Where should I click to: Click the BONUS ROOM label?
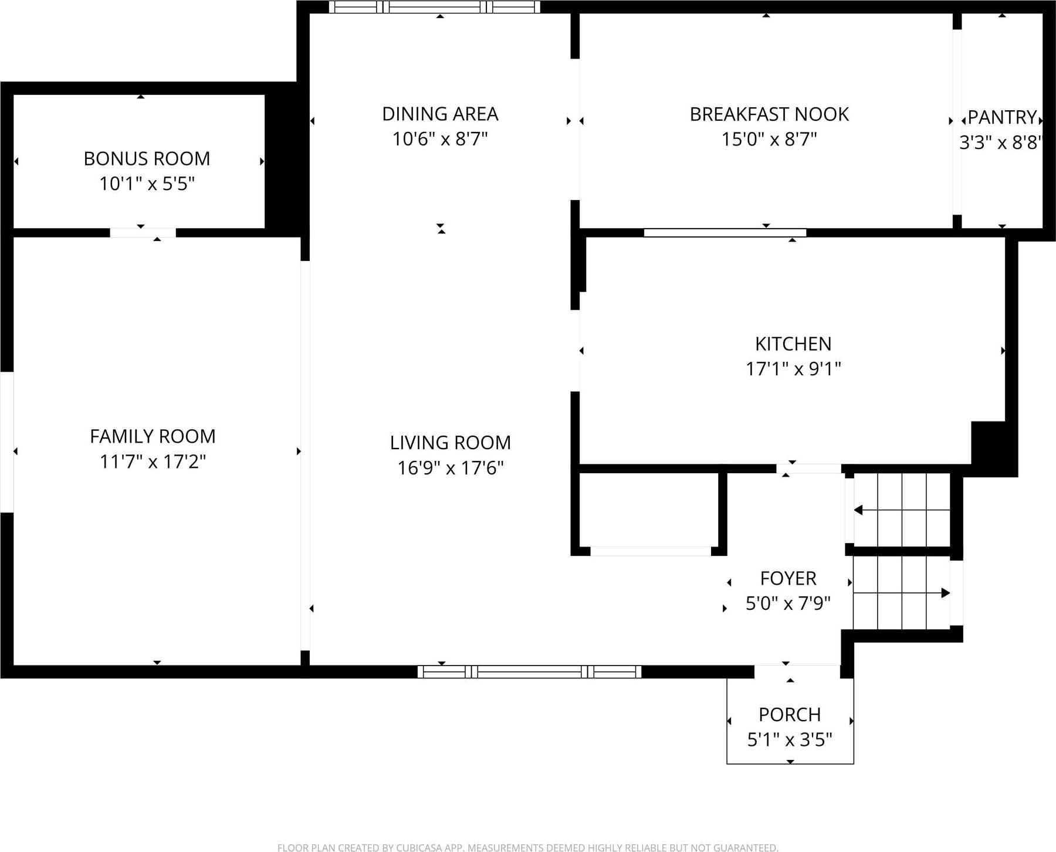point(147,158)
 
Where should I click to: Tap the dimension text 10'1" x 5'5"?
point(147,184)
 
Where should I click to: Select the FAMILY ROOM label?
point(153,436)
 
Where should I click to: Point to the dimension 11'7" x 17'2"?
point(153,461)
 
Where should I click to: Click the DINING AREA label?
point(440,114)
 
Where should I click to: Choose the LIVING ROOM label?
point(450,442)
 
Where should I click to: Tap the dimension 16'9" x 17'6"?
point(450,468)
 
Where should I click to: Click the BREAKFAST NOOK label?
point(769,114)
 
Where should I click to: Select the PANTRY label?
point(1001,117)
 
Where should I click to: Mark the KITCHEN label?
point(793,344)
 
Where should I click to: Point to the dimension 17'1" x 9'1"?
point(793,369)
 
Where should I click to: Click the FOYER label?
point(788,578)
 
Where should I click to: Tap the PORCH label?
point(789,714)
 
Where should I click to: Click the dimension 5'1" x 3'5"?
point(789,740)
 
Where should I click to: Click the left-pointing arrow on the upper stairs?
point(859,510)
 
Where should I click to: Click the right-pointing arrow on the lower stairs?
point(945,593)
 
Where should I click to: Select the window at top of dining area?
point(434,7)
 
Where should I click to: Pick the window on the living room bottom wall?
point(529,671)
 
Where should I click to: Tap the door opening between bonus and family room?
point(143,233)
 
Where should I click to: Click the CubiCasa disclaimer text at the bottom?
point(527,847)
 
